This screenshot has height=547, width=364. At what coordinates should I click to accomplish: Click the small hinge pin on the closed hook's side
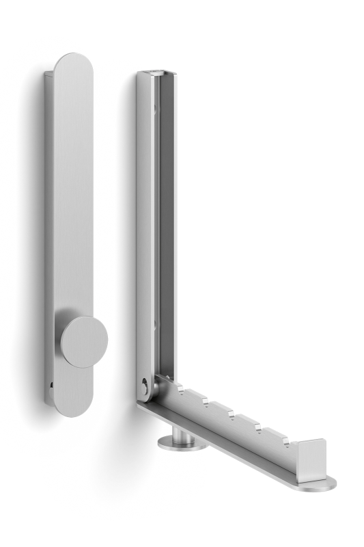51,385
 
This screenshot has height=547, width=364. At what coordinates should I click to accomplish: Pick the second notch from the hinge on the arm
205,401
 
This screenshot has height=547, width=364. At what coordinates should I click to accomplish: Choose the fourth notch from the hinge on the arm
257,427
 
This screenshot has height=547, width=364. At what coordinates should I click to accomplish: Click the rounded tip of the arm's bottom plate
326,485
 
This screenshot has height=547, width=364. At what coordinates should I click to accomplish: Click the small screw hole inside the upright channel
156,109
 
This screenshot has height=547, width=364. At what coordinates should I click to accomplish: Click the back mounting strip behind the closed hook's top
49,103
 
